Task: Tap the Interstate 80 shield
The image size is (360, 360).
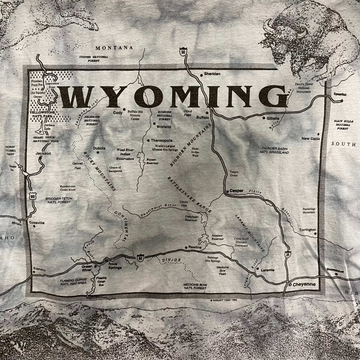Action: pos(140,257)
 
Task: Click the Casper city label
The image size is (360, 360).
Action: pos(236,191)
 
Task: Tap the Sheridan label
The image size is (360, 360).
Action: pos(212,74)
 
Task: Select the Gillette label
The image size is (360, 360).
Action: pos(273,118)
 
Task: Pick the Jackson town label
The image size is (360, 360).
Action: pos(43,154)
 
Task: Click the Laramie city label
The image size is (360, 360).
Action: pos(267,270)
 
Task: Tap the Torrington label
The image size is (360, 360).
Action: pos(308,230)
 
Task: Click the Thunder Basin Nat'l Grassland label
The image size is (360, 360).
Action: pos(275,150)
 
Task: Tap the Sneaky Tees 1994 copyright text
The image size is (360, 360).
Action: pos(223,301)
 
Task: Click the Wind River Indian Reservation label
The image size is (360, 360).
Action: pos(126,154)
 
